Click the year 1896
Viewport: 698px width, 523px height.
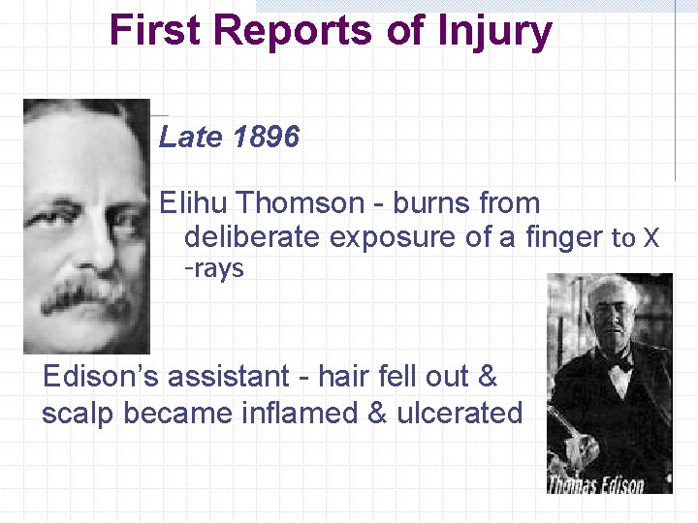click(266, 138)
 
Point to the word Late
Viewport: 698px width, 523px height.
click(190, 138)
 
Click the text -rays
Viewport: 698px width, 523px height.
click(214, 268)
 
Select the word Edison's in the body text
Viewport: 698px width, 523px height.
click(105, 377)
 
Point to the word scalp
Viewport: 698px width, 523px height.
click(77, 414)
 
